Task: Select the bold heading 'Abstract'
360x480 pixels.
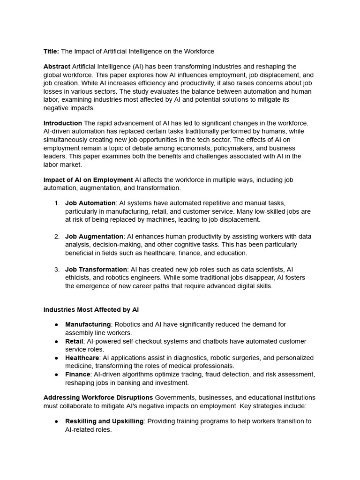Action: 57,67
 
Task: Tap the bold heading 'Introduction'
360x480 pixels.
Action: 63,123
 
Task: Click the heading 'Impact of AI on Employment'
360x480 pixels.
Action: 88,180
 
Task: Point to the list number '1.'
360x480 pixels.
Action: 57,203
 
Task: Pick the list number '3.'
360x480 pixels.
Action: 57,270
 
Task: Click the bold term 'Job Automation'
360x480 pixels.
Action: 90,203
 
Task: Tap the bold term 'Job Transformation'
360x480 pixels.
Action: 96,270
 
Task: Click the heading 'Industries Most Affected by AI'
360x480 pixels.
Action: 91,310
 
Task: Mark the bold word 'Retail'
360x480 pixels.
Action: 74,341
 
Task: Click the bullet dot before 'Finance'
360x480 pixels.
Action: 56,375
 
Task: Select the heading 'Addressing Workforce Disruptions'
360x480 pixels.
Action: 98,397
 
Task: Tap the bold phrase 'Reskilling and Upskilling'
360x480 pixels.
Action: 104,421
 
